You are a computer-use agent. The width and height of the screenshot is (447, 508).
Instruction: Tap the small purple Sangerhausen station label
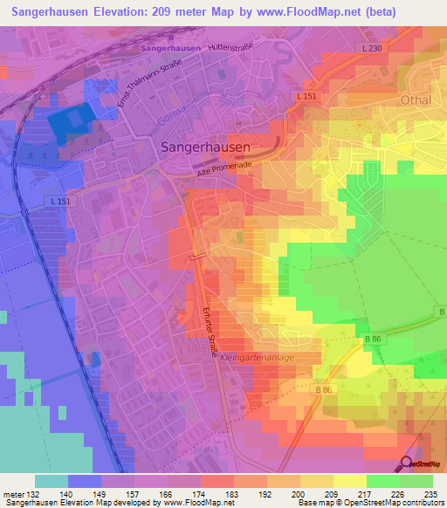point(171,47)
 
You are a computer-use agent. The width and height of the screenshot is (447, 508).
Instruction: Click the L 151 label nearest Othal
point(306,96)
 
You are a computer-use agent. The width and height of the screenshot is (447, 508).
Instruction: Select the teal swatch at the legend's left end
point(52,481)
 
